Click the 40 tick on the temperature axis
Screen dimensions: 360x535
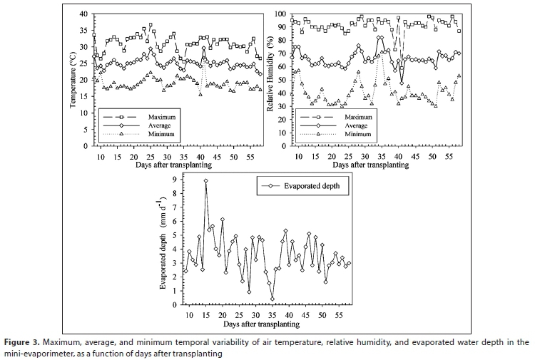[x=83, y=14]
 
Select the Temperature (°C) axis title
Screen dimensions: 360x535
[x=73, y=79]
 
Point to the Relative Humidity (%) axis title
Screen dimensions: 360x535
[x=271, y=80]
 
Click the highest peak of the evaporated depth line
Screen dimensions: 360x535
[x=206, y=181]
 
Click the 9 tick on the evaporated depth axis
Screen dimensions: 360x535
[x=175, y=180]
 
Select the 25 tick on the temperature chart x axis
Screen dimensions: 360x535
[x=150, y=156]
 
